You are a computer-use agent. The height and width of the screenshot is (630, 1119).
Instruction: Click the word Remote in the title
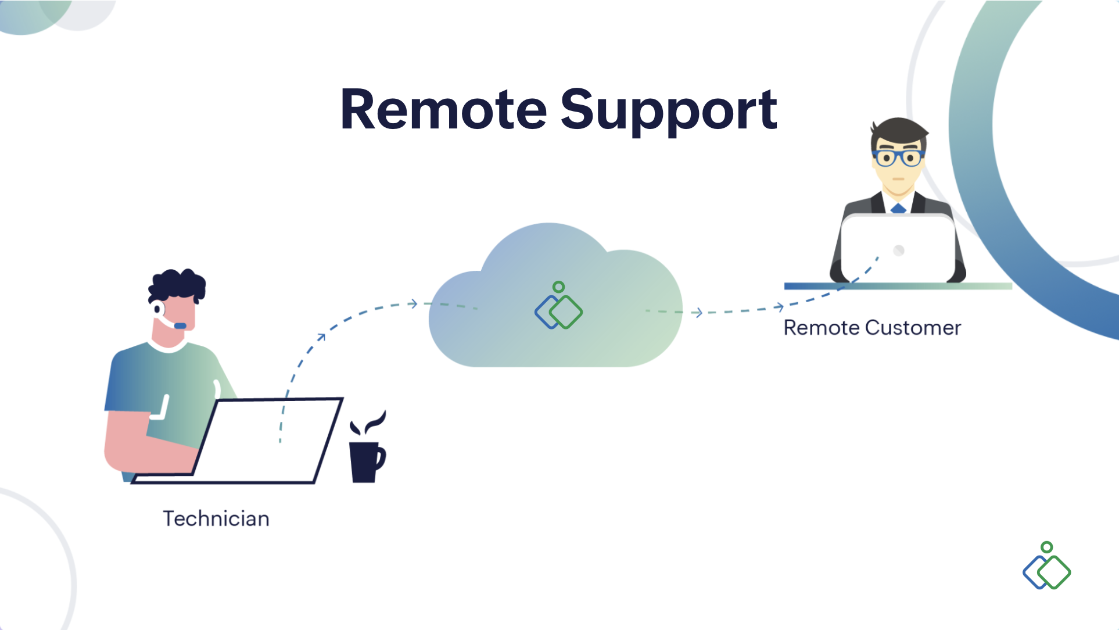pyautogui.click(x=443, y=109)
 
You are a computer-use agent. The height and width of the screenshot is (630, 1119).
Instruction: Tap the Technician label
pyautogui.click(x=216, y=518)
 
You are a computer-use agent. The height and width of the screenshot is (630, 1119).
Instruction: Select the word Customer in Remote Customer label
pyautogui.click(x=913, y=328)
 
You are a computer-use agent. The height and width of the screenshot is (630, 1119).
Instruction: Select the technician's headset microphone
pyautogui.click(x=180, y=325)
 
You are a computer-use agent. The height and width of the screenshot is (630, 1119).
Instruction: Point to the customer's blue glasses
pyautogui.click(x=898, y=157)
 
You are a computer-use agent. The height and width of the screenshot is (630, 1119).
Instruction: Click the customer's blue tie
pyautogui.click(x=898, y=208)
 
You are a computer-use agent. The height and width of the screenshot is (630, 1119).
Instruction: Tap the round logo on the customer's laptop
pyautogui.click(x=899, y=250)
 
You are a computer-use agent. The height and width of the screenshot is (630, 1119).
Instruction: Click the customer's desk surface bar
pyautogui.click(x=898, y=286)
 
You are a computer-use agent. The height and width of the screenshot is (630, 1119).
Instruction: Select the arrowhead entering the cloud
pyautogui.click(x=413, y=303)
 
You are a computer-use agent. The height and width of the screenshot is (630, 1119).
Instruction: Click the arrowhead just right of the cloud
pyautogui.click(x=698, y=313)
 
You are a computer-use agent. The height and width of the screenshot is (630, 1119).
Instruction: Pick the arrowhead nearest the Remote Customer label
pyautogui.click(x=779, y=307)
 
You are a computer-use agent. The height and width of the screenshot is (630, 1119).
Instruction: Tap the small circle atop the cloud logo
pyautogui.click(x=558, y=287)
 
